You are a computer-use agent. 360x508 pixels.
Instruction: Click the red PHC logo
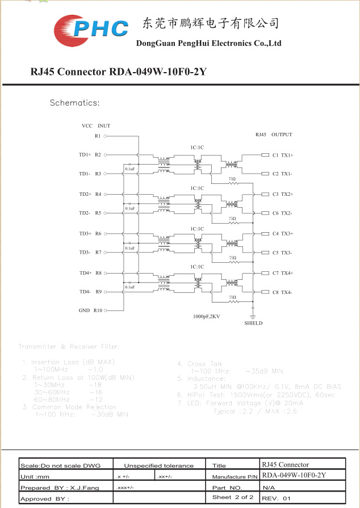coord(91,29)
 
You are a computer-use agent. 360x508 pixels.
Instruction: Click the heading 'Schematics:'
coord(74,103)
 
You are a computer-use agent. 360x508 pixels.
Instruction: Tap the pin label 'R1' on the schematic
coord(98,136)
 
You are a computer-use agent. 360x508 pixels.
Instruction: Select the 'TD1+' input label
coord(85,154)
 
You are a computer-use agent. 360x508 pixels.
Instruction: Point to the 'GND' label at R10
coord(84,310)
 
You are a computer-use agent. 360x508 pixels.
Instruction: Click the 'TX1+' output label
coord(287,155)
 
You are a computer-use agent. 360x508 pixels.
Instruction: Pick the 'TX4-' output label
coord(286,292)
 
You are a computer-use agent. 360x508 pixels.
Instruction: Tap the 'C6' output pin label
coord(275,213)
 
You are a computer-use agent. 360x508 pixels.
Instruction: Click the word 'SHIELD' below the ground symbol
coord(253,323)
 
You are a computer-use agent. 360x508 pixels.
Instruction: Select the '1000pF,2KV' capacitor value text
coord(206,316)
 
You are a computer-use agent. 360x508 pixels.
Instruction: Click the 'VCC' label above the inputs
coord(87,125)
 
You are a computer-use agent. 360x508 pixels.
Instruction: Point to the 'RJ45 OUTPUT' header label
coord(273,135)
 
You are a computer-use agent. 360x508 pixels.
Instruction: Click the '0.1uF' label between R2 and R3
coord(129,169)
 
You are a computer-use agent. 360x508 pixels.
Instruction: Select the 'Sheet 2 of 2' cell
coord(232,497)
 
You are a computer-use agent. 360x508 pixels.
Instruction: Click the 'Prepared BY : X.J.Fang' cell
coord(60,488)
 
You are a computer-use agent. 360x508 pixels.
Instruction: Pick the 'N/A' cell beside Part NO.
coord(269,488)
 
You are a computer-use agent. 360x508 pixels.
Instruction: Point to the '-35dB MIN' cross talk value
coord(264,371)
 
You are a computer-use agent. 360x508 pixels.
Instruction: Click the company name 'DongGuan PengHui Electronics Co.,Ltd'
coord(208,43)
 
